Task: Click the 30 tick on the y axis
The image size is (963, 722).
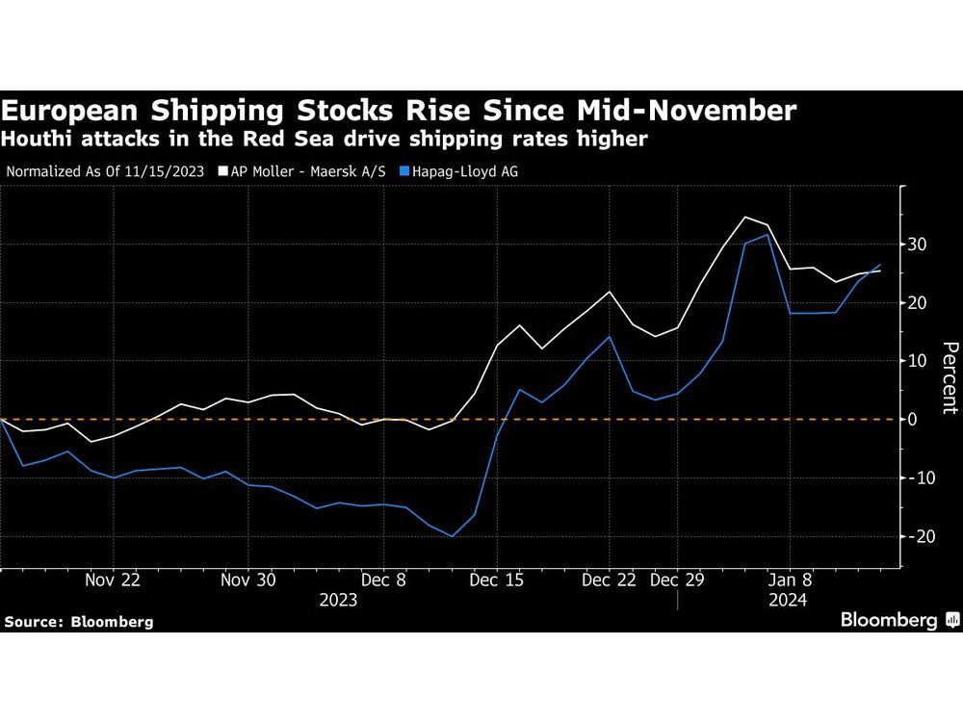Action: [917, 245]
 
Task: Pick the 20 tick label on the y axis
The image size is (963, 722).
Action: [917, 303]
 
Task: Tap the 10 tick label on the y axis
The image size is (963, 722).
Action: [917, 361]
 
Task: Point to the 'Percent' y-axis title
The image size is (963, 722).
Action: [950, 376]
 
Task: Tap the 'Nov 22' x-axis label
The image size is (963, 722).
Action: [113, 580]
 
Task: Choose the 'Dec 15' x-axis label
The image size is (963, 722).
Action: [498, 580]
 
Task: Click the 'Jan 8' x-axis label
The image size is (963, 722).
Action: [791, 580]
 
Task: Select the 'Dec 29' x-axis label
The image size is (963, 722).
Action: [677, 580]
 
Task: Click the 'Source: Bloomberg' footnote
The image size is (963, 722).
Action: [79, 622]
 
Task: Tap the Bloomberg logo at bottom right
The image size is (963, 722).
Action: [898, 620]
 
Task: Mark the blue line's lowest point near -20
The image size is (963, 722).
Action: [453, 536]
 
